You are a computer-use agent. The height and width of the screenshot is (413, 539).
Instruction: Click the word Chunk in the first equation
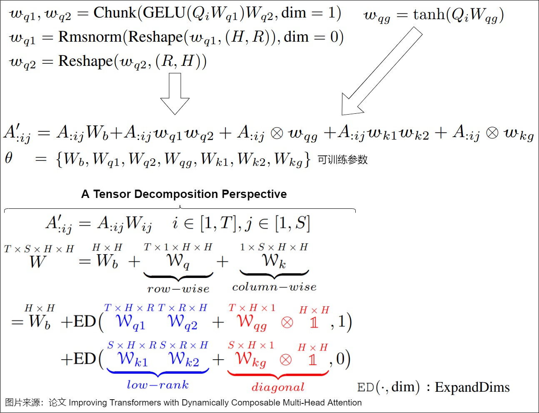pos(115,13)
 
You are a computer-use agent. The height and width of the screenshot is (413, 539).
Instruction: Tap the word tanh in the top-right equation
pos(429,14)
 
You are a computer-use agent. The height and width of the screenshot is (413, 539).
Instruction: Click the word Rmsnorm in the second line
pos(90,37)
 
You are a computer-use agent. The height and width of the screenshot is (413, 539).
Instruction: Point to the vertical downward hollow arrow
pos(175,94)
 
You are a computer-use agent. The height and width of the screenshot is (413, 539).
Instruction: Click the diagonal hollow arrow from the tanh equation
pos(382,71)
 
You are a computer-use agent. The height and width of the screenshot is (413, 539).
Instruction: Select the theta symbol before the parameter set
pos(8,158)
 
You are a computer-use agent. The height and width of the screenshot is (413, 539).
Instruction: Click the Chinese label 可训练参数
pos(342,160)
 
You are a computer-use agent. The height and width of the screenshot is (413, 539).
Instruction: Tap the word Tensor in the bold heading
pos(112,194)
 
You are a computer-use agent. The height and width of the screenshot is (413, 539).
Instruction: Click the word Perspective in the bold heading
pos(254,194)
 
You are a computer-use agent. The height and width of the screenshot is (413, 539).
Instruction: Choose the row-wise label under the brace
pos(178,289)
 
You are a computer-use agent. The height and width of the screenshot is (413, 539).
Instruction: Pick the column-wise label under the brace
pos(274,287)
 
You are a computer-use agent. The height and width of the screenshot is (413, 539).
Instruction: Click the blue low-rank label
pos(158,385)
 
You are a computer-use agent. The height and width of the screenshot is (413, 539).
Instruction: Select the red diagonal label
pos(278,387)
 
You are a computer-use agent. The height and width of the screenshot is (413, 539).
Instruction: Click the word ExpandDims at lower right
pos(472,388)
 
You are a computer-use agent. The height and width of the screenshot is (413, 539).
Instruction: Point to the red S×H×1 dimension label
pos(251,345)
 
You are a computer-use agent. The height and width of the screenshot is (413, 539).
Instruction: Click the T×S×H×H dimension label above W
pos(39,249)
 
